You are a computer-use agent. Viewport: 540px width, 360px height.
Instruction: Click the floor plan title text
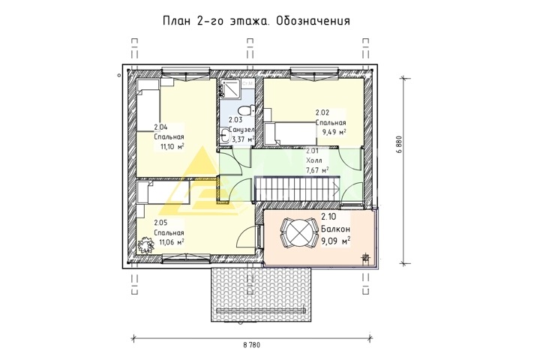coord(256,21)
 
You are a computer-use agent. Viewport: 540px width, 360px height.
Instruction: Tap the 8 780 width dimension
coord(252,345)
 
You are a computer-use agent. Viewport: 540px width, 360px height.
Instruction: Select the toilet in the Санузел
coord(246,111)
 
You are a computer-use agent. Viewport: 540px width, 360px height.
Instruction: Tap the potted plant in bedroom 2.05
coord(145,245)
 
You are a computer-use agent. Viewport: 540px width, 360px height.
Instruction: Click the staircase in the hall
coord(297,188)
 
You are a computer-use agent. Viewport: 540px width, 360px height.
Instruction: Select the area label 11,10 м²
coord(172,146)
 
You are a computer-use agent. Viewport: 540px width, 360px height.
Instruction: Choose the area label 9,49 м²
coord(334,132)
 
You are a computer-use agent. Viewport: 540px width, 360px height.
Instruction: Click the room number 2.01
coord(312,151)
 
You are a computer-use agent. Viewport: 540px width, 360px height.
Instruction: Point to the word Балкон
coord(336,229)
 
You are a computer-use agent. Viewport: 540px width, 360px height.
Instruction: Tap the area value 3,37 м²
coord(242,139)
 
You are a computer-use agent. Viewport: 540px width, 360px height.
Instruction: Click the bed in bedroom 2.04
coord(148,105)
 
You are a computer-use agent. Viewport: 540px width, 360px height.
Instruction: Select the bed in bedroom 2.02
coord(290,134)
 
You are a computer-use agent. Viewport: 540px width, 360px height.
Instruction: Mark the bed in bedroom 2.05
coord(163,193)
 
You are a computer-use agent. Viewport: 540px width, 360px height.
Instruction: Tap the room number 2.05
coord(160,223)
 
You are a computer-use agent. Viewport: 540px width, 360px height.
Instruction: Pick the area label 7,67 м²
coord(317,170)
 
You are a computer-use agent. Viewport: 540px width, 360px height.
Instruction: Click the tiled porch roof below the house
coord(262,295)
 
